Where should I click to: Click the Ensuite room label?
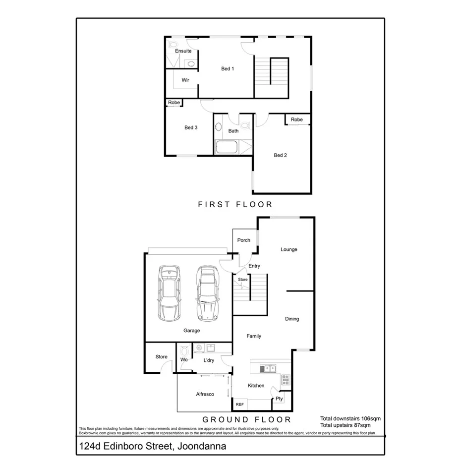pos(183,51)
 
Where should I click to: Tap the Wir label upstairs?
pos(185,80)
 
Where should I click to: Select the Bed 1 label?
pos(228,68)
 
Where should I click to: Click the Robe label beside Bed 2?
pos(297,119)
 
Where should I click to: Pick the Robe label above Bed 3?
pos(174,103)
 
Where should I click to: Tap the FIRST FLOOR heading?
pos(235,204)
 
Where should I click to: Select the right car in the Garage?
pos(206,293)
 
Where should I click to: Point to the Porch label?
pos(244,240)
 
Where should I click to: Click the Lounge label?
pos(289,249)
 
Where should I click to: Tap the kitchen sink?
pos(267,368)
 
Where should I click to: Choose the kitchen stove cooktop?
pos(286,380)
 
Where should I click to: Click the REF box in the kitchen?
pos(240,404)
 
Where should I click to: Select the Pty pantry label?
pos(279,399)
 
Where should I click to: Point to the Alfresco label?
pos(205,394)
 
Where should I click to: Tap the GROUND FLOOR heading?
pos(246,419)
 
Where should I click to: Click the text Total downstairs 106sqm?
pos(350,418)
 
